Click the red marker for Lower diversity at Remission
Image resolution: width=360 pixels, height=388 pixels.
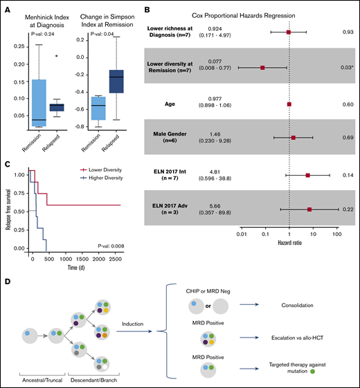262,68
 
